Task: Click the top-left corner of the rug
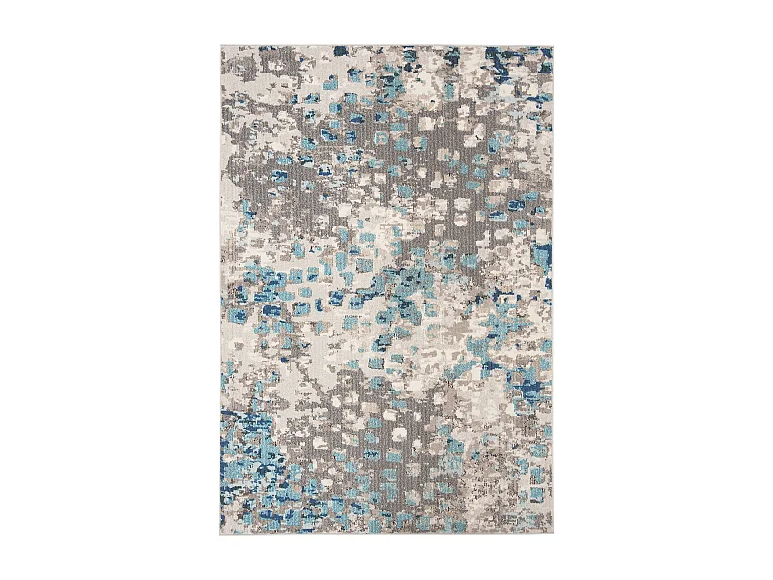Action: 221,45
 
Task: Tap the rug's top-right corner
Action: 553,45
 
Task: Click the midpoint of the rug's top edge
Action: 386,45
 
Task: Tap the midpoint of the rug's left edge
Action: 221,290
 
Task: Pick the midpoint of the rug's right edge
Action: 553,290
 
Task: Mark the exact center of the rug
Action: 386,290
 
